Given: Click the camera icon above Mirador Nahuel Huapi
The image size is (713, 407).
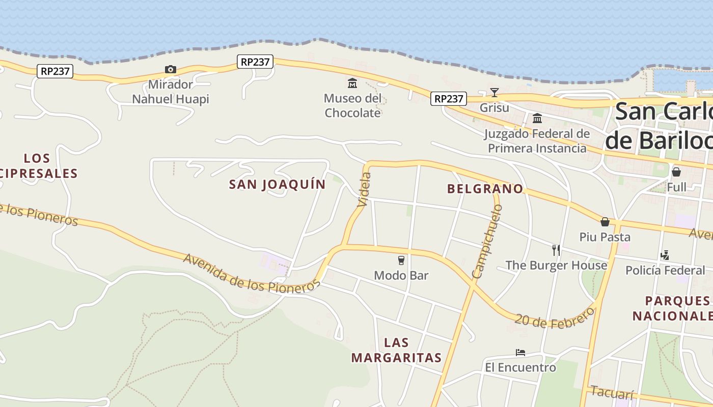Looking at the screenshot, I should tap(170, 70).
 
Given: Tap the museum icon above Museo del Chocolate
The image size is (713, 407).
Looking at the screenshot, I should tap(352, 83).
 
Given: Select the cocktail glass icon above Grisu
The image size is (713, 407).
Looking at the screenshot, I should tap(494, 93).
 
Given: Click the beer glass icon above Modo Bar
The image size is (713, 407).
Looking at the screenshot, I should tap(401, 260).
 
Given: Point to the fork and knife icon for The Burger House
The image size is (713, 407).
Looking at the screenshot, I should tap(556, 250).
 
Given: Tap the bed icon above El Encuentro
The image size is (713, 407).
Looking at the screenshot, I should tap(520, 352).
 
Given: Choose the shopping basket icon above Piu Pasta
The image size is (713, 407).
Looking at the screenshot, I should tap(605, 222).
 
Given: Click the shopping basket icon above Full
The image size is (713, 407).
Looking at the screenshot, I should tap(676, 172).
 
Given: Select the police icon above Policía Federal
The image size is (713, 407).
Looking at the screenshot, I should tap(665, 255).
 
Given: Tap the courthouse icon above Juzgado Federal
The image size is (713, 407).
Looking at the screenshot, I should tap(537, 119).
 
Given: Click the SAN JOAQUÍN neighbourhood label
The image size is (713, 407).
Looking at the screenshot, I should tap(277, 184).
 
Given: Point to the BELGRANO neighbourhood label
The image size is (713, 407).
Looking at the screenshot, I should tap(485, 189).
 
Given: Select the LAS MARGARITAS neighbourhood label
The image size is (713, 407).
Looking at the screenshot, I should tap(396, 350).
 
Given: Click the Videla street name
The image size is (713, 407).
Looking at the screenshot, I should tap(364, 189).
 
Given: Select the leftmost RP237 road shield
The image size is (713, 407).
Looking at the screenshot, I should tap(55, 71).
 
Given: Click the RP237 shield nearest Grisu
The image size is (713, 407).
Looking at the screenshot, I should tap(448, 98).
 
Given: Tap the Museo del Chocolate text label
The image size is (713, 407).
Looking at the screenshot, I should tap(352, 105).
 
